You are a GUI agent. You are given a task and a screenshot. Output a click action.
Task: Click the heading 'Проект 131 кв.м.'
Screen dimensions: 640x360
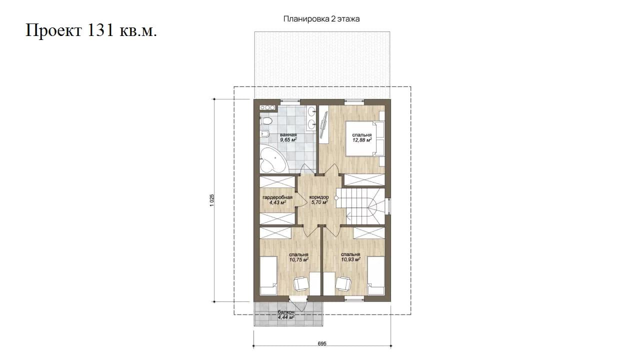tap(91, 30)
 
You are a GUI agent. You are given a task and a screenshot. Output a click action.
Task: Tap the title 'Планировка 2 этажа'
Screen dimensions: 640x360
tap(321, 19)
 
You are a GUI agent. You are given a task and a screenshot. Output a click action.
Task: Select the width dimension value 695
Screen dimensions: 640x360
tap(322, 343)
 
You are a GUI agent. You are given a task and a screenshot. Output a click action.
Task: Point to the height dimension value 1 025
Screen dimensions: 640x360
tap(211, 200)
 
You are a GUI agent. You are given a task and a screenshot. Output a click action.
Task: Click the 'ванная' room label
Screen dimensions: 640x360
tap(288, 135)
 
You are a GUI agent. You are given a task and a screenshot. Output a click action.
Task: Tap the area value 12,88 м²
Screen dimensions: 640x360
tap(362, 140)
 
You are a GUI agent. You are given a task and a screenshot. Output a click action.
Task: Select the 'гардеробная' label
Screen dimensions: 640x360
tap(277, 197)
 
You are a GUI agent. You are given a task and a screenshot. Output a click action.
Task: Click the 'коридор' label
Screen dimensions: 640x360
tap(319, 197)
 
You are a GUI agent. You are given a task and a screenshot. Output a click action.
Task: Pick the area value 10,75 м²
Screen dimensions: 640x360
tap(298, 259)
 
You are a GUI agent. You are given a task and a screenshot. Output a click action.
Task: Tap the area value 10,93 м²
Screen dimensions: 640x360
tap(350, 259)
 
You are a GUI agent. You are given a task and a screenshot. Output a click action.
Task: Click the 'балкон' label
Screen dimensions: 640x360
tap(286, 312)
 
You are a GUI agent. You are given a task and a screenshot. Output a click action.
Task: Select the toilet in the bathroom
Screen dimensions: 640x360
tap(265, 121)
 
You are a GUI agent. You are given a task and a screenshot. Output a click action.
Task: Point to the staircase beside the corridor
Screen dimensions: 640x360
tap(360, 206)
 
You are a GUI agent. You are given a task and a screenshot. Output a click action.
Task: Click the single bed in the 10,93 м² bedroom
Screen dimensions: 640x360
tap(376, 275)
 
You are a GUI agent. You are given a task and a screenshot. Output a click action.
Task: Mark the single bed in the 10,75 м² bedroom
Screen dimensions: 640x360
tap(268, 275)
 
